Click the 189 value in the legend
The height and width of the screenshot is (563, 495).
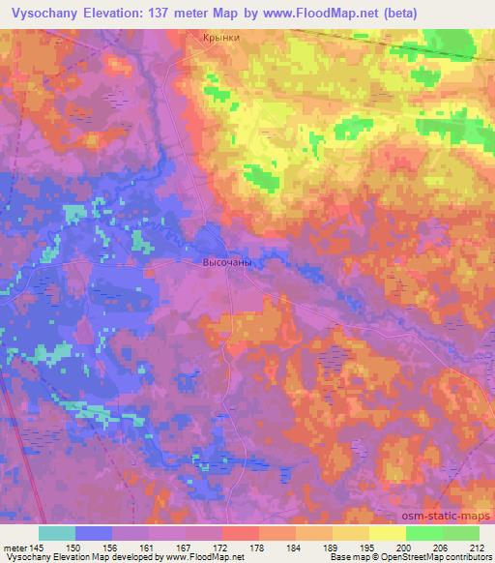[x=330, y=548]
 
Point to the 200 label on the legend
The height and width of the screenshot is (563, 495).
[x=401, y=548]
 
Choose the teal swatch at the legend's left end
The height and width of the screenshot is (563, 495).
[x=57, y=533]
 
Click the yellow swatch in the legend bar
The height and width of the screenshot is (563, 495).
[x=388, y=533]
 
